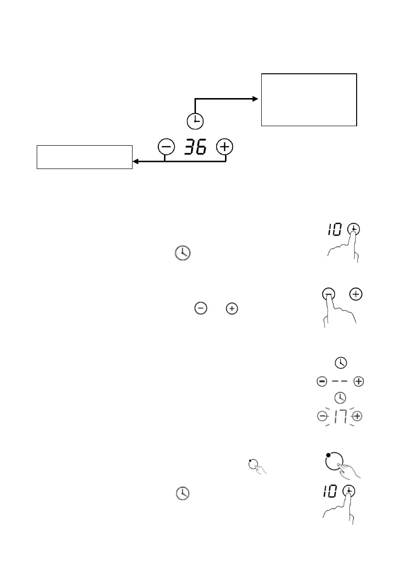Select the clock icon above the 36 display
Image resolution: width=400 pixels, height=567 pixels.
[195, 122]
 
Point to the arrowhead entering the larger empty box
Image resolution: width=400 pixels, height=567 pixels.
[256, 99]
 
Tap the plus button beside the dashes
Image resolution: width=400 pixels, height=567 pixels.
[358, 381]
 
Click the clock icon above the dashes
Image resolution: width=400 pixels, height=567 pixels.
[340, 363]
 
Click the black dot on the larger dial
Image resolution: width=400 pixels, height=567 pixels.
[328, 456]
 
